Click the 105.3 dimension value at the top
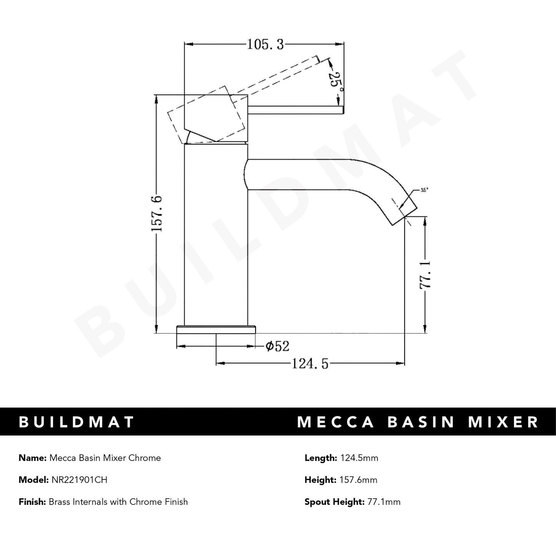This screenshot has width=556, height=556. point(265,45)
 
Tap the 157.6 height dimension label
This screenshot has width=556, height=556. point(157,214)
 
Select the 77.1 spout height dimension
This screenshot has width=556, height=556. point(426,274)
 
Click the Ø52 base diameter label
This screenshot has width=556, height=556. point(277,346)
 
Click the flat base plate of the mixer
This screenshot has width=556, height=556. point(216,329)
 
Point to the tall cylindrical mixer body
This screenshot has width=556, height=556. point(216,235)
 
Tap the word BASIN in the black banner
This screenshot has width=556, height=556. point(421,422)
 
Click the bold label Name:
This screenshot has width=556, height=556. point(32,458)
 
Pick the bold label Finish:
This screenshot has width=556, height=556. point(32,502)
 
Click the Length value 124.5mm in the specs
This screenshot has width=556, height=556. point(358,458)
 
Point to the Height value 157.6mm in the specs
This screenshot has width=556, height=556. point(358,480)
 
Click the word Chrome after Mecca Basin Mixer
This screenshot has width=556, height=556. point(145,458)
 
